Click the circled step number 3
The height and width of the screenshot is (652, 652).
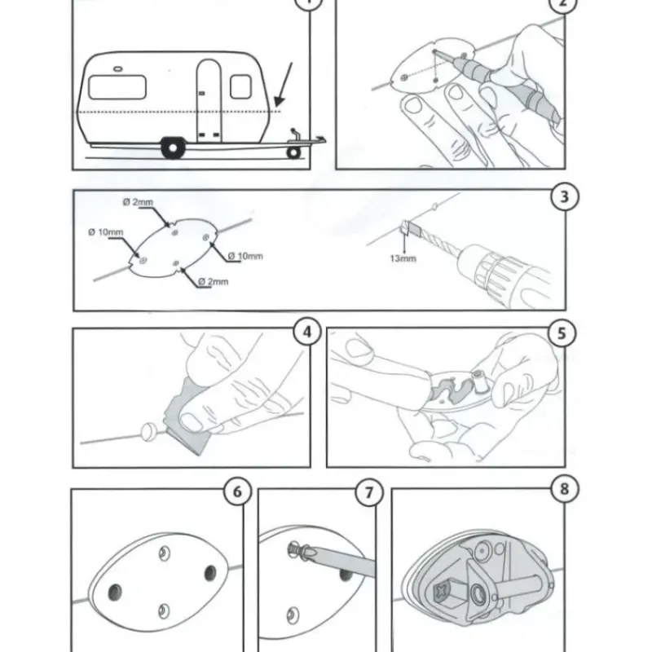564,196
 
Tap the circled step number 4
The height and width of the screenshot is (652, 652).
307,333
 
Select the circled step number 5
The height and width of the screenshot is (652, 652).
562,333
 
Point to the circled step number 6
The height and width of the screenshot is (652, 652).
237,491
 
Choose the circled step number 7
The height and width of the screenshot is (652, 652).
369,493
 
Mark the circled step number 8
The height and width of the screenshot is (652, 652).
565,489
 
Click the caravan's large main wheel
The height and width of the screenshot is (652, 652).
173,148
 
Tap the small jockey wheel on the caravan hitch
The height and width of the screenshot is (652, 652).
293,152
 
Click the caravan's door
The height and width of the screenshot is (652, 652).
209,100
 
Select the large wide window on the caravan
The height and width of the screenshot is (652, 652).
117,87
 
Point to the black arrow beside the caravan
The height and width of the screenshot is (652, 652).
283,85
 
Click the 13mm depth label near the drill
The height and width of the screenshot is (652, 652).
403,258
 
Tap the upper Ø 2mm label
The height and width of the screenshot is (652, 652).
138,202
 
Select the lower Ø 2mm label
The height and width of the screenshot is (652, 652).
214,282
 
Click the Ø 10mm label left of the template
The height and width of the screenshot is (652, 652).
106,232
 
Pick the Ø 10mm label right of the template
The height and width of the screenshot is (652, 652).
245,256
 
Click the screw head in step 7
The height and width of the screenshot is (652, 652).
293,549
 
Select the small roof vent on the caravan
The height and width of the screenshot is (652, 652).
118,68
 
